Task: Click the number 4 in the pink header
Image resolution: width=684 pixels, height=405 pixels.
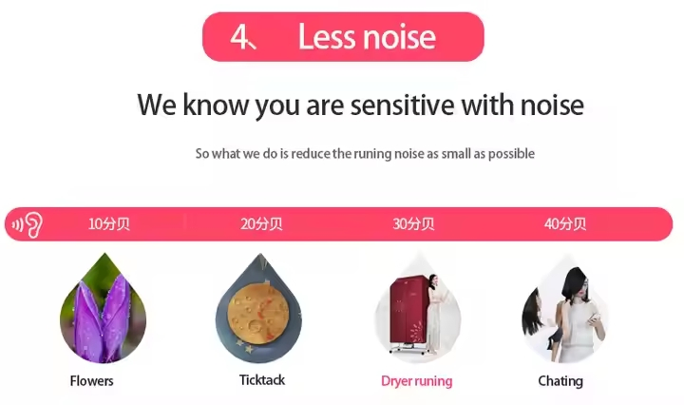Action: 240,37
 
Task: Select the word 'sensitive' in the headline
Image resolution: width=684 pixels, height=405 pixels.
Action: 402,105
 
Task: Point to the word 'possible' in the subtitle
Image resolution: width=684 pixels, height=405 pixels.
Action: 511,154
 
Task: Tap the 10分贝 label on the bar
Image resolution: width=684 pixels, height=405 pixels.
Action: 109,223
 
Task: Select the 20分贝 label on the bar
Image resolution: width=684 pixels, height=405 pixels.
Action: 261,223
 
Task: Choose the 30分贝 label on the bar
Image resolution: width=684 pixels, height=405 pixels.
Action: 413,223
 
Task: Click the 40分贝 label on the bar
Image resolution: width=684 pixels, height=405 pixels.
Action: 565,223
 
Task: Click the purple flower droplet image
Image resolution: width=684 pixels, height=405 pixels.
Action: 104,309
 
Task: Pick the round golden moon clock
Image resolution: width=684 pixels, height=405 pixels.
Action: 258,314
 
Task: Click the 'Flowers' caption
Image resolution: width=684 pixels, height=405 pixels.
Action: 91,380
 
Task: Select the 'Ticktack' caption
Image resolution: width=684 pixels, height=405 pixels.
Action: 262,379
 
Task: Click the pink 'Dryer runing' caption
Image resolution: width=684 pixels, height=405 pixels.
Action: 417,381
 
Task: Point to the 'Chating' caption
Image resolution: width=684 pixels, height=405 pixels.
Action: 560,381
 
